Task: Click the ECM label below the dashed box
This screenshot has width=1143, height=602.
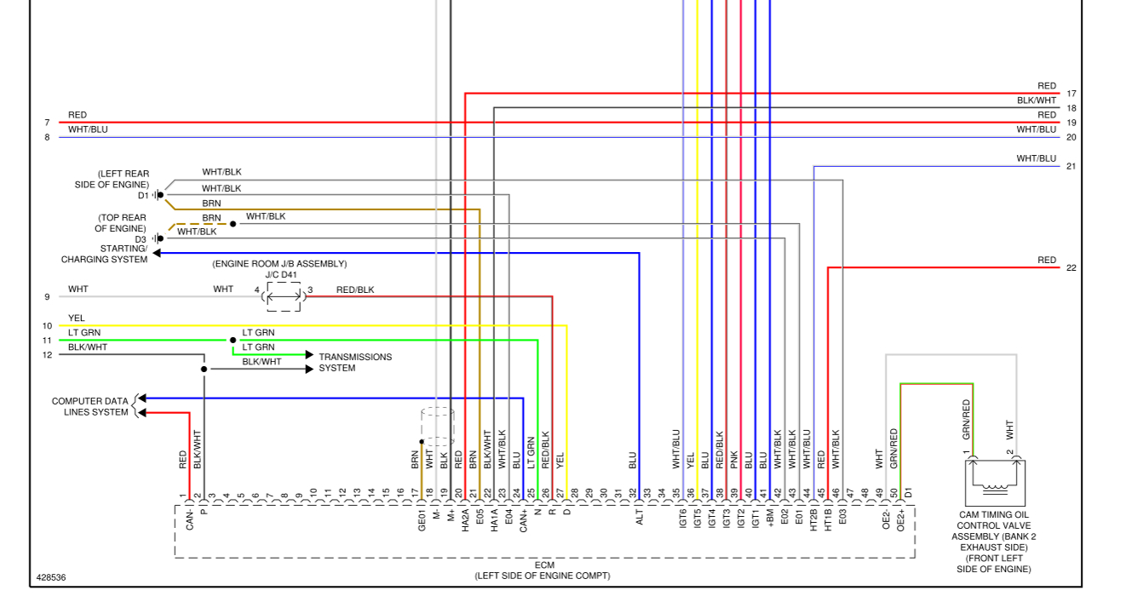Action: pyautogui.click(x=543, y=566)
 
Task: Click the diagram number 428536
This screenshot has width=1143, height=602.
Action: pyautogui.click(x=51, y=577)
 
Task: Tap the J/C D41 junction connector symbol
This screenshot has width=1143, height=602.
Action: pyautogui.click(x=284, y=296)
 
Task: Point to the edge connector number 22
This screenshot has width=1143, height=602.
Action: pyautogui.click(x=1071, y=268)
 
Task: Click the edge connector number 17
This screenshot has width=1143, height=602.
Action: pyautogui.click(x=1071, y=94)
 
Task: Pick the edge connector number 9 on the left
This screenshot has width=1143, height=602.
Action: pyautogui.click(x=48, y=297)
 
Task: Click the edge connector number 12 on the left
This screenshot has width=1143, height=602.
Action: pyautogui.click(x=48, y=355)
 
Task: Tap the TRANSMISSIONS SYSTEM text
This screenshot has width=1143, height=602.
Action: pyautogui.click(x=355, y=363)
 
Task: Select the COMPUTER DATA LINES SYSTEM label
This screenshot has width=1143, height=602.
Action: pyautogui.click(x=89, y=407)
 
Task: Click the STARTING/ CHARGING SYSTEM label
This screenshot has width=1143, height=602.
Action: pyautogui.click(x=104, y=254)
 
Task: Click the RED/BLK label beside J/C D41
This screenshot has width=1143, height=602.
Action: pyautogui.click(x=355, y=290)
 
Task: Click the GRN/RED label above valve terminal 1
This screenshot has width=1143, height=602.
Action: pyautogui.click(x=967, y=419)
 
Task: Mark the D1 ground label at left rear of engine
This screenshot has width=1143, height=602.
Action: pyautogui.click(x=143, y=196)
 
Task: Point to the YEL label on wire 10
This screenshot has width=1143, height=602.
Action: pyautogui.click(x=77, y=318)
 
